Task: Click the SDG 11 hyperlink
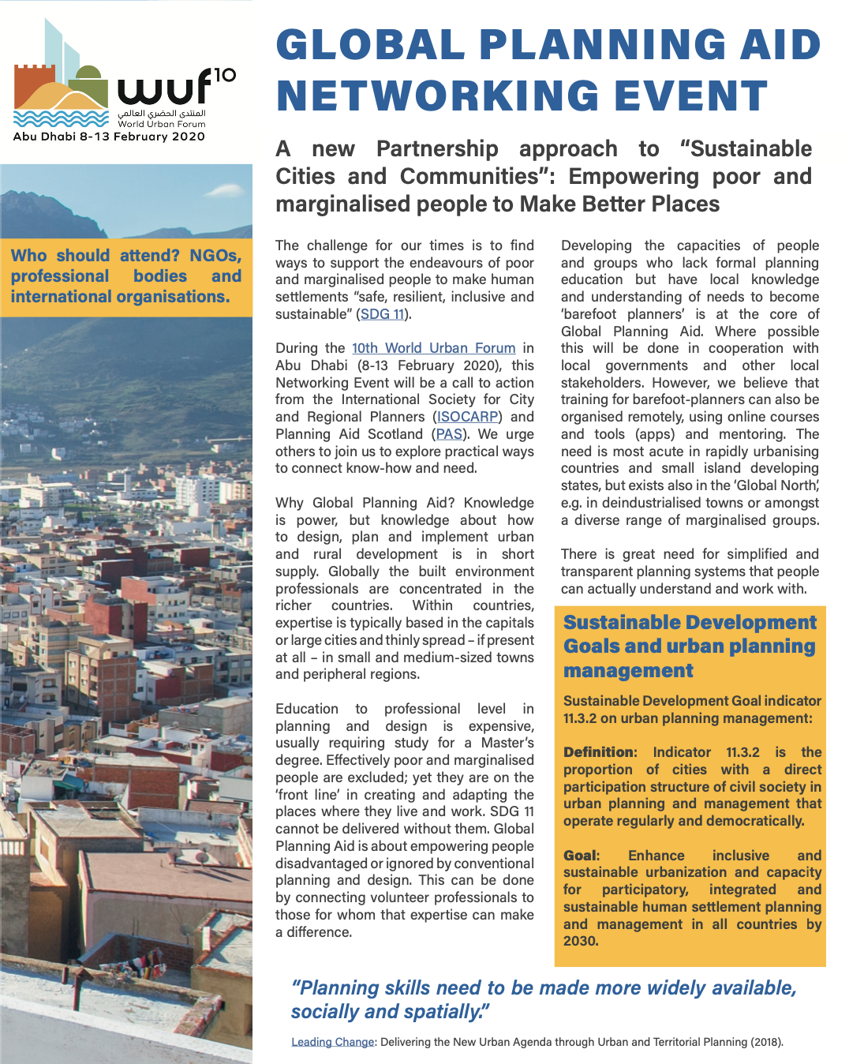(x=382, y=314)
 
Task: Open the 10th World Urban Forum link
(x=433, y=348)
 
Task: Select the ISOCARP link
(x=467, y=417)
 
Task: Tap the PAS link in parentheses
(x=449, y=434)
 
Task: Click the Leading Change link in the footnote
(x=332, y=1042)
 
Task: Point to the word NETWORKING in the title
(x=437, y=97)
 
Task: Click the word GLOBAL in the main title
(x=368, y=45)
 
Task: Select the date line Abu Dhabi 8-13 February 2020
(x=109, y=137)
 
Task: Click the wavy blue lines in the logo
(x=61, y=119)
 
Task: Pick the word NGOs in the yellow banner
(x=215, y=256)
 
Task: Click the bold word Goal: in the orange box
(x=581, y=856)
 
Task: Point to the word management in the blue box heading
(x=628, y=671)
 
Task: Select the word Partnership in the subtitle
(x=437, y=149)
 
